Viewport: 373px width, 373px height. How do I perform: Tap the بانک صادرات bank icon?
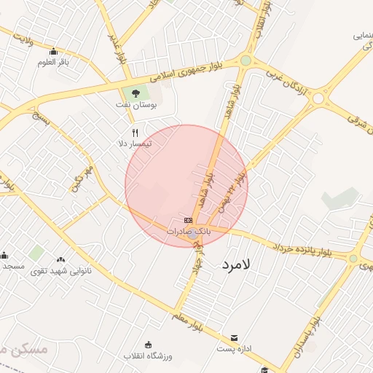pyautogui.click(x=189, y=220)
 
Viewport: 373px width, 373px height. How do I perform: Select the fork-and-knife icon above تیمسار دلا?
pyautogui.click(x=134, y=133)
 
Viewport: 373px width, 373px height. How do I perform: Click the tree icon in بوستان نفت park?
pyautogui.click(x=134, y=93)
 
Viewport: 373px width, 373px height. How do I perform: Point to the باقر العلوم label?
pyautogui.click(x=53, y=62)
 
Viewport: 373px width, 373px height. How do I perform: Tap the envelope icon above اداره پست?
pyautogui.click(x=234, y=338)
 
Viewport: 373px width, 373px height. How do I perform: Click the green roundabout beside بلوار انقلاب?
pyautogui.click(x=246, y=60)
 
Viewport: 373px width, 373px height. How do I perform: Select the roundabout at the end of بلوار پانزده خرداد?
pyautogui.click(x=353, y=259)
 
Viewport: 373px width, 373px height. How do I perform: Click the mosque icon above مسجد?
pyautogui.click(x=4, y=256)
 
